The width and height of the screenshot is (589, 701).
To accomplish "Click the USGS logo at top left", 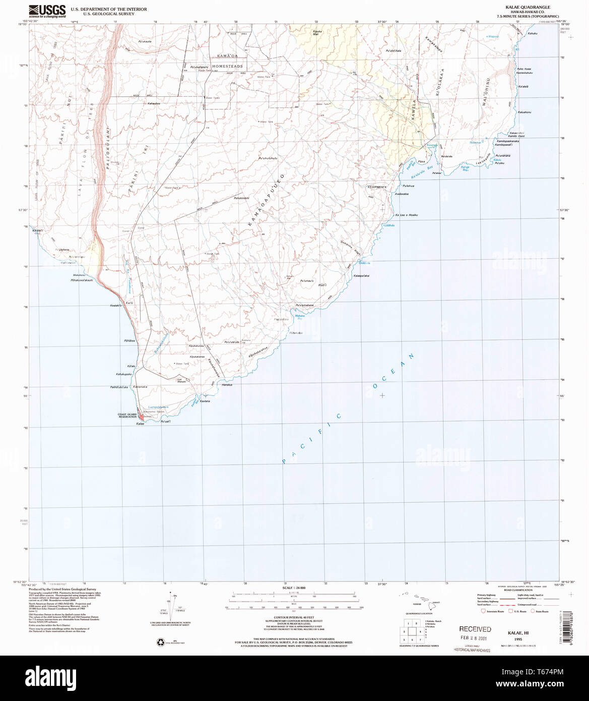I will point(47,11).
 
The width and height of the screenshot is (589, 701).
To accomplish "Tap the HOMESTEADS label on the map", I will point(227,67).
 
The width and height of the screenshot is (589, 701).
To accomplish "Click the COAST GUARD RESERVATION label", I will point(127,416).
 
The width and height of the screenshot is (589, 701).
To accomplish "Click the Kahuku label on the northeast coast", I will point(533,34).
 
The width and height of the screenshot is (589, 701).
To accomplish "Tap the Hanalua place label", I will point(227,385).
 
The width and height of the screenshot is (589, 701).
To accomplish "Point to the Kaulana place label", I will point(204,400).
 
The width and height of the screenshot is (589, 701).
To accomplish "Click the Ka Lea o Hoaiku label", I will point(406,215).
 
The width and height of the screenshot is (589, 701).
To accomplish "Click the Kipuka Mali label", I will point(316,33).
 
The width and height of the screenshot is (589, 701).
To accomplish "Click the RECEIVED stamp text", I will point(475,629).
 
